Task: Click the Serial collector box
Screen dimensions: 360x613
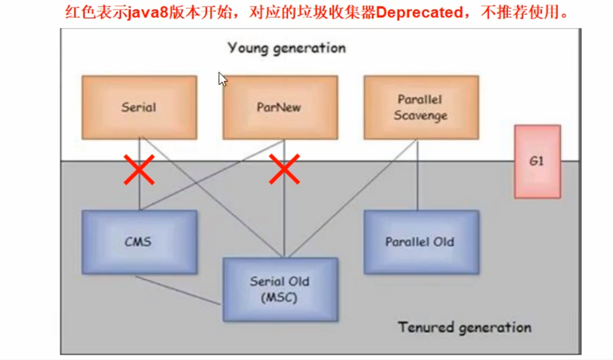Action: click(139, 107)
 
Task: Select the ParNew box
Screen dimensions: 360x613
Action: click(280, 107)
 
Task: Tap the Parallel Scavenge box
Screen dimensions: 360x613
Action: click(421, 107)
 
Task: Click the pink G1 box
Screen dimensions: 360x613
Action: click(537, 161)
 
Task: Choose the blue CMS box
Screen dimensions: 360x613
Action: click(139, 242)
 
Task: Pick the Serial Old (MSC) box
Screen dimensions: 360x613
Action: click(280, 289)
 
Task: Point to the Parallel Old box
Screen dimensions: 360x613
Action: click(421, 242)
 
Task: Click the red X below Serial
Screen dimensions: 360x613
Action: click(139, 169)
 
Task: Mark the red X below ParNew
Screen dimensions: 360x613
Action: click(284, 169)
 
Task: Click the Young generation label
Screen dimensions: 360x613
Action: click(287, 48)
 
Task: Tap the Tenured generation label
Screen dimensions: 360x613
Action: click(465, 327)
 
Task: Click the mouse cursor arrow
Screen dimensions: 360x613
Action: click(222, 78)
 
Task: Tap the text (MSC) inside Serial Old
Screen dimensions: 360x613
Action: click(280, 298)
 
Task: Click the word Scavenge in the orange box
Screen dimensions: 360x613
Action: click(420, 116)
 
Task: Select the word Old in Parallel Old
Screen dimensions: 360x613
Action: click(445, 242)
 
